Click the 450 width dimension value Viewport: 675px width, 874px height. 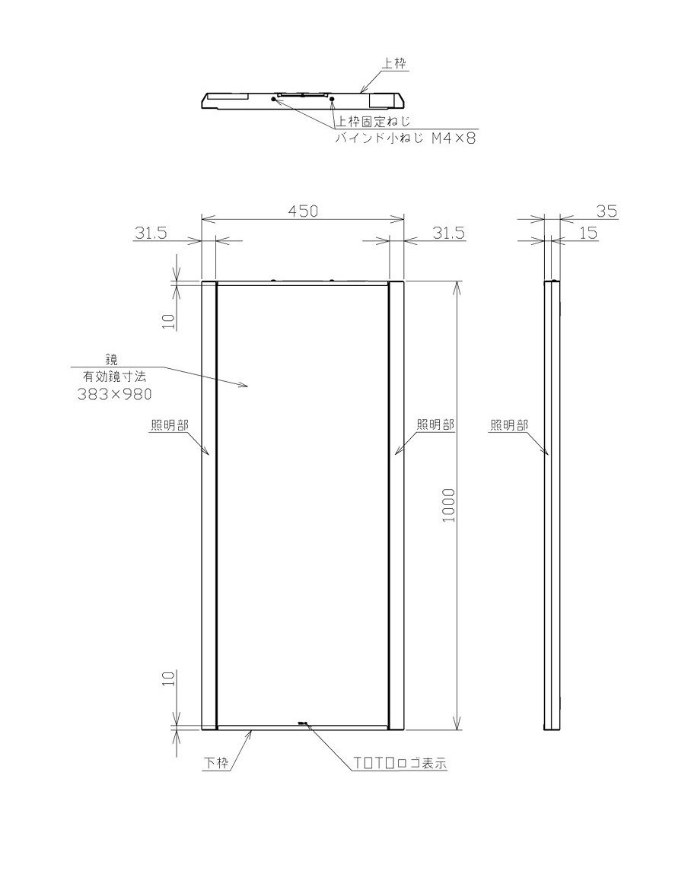click(x=303, y=211)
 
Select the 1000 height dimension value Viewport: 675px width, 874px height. click(x=449, y=505)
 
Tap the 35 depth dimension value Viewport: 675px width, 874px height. click(x=607, y=211)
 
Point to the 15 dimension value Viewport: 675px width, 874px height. click(x=588, y=233)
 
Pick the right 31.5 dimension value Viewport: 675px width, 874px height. click(x=449, y=233)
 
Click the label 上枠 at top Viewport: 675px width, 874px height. click(x=395, y=64)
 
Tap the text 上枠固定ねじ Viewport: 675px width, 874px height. click(x=371, y=121)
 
